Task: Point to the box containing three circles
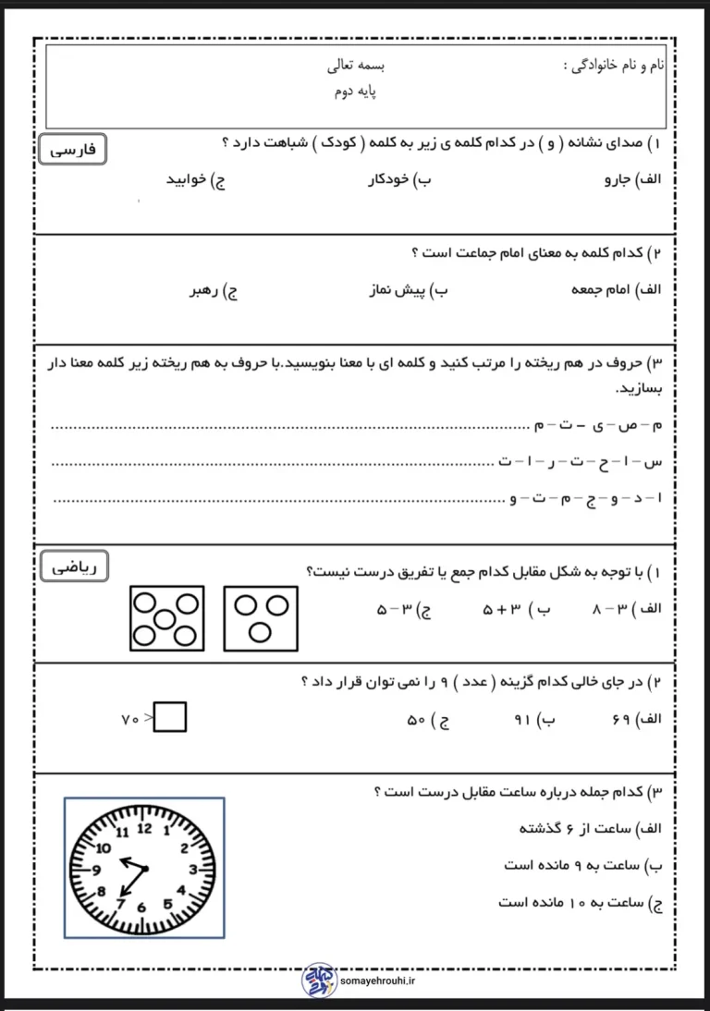click(x=261, y=617)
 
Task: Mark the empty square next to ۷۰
click(x=170, y=717)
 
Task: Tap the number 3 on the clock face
click(x=192, y=869)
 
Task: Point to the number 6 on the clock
click(x=141, y=907)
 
